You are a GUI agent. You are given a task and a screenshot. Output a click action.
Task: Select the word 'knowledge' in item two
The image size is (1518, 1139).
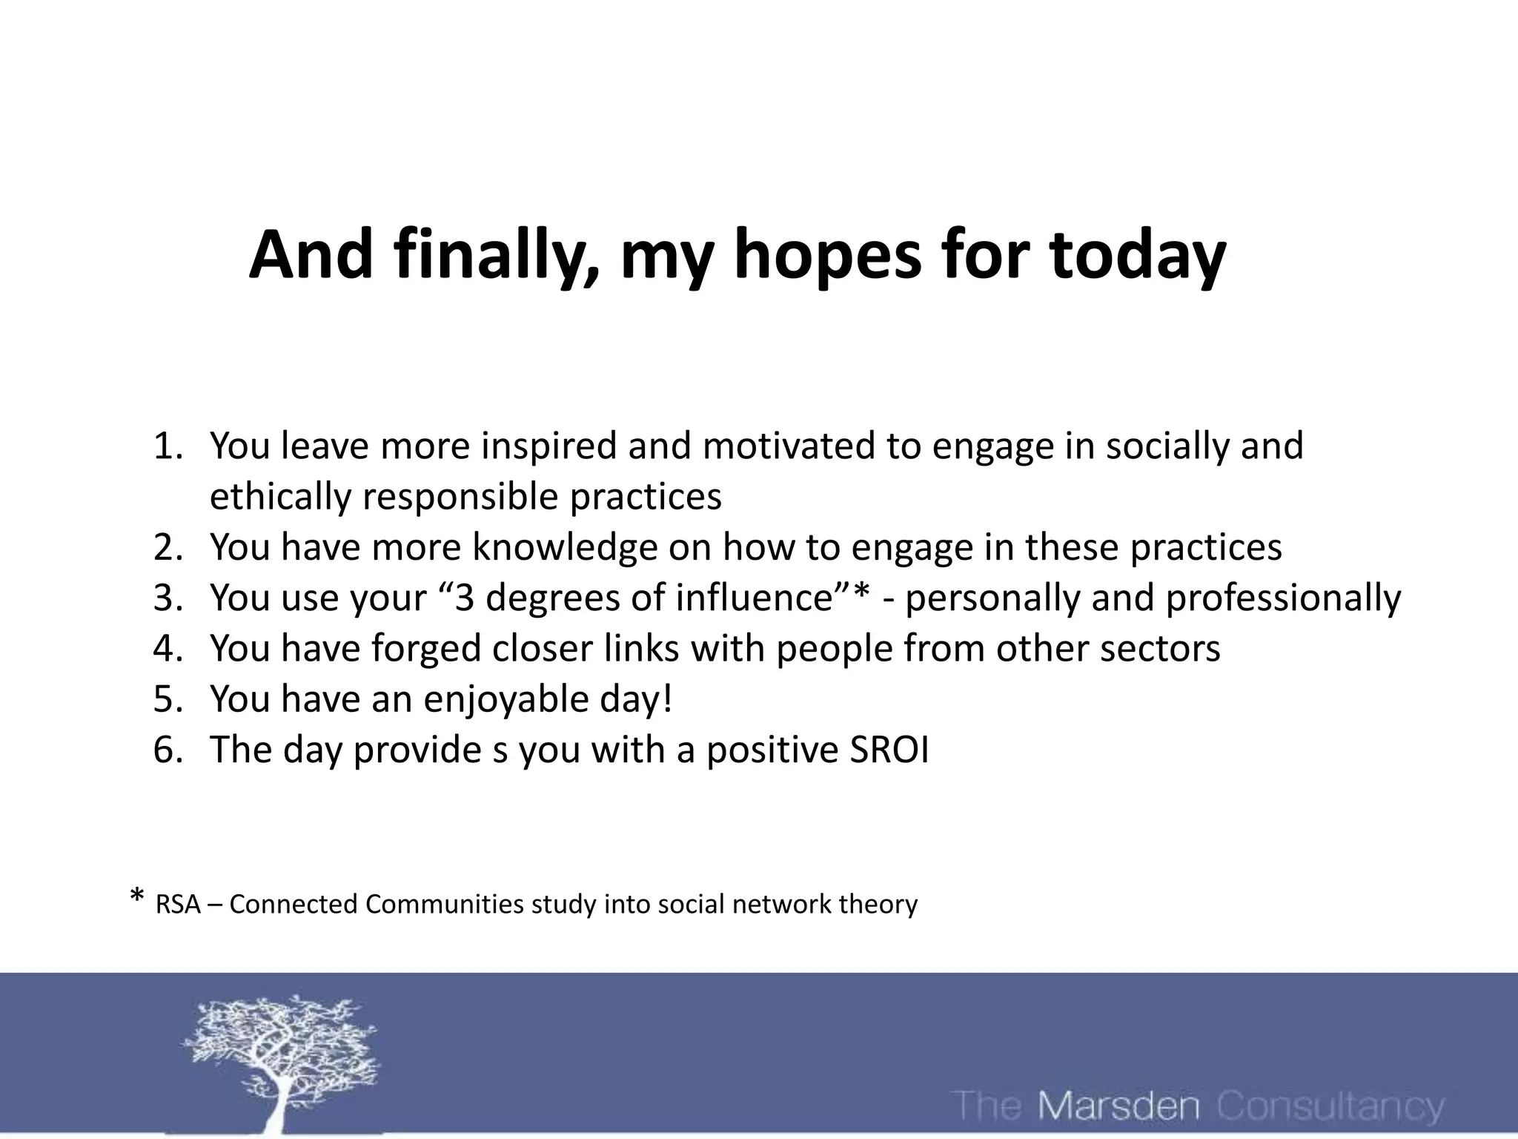(565, 547)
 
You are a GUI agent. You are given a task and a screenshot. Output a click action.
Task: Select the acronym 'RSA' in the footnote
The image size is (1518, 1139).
(178, 905)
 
